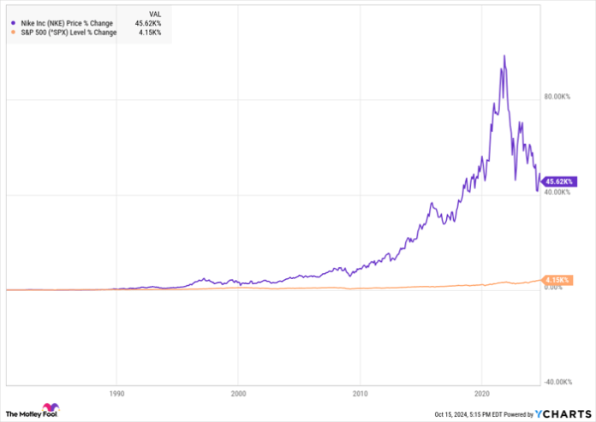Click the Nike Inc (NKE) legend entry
[x=62, y=23]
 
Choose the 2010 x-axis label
[x=361, y=395]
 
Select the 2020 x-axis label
[x=482, y=395]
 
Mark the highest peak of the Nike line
[x=504, y=56]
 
